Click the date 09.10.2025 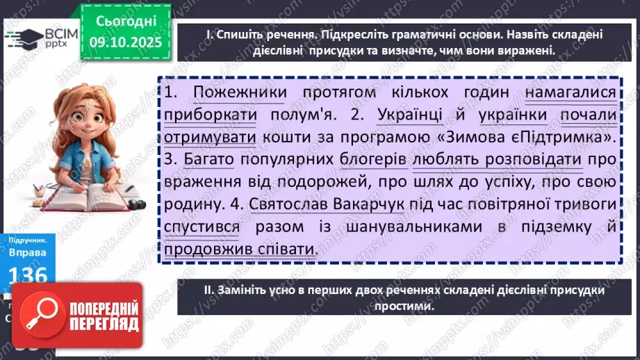(126, 42)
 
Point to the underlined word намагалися (571, 92)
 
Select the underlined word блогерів (373, 161)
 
